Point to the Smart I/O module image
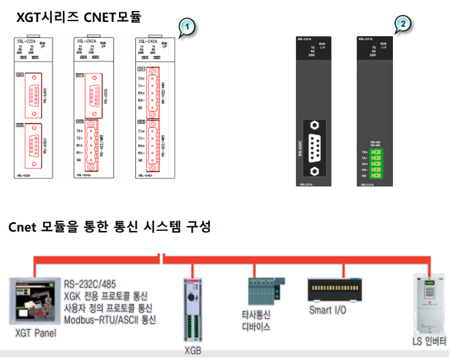coord(336,288)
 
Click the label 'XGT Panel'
coord(36,333)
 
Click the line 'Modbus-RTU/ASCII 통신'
coord(110,319)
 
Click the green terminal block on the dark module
coord(374,164)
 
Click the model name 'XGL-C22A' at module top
coord(28,40)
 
